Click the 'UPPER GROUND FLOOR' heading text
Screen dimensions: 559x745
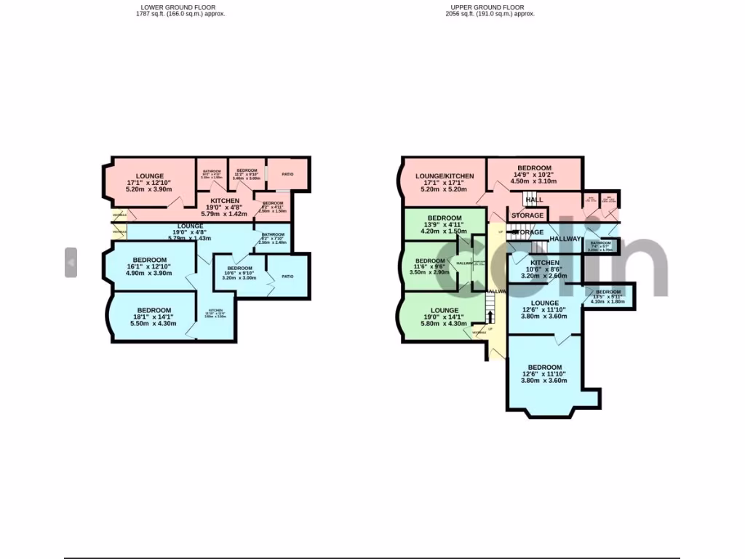tap(487, 7)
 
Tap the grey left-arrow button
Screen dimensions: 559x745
tap(71, 262)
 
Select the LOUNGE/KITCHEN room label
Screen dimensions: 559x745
tap(445, 176)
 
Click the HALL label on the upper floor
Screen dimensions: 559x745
tap(534, 199)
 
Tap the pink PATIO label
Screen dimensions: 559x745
tap(287, 174)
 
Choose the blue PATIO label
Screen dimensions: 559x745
tap(287, 276)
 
